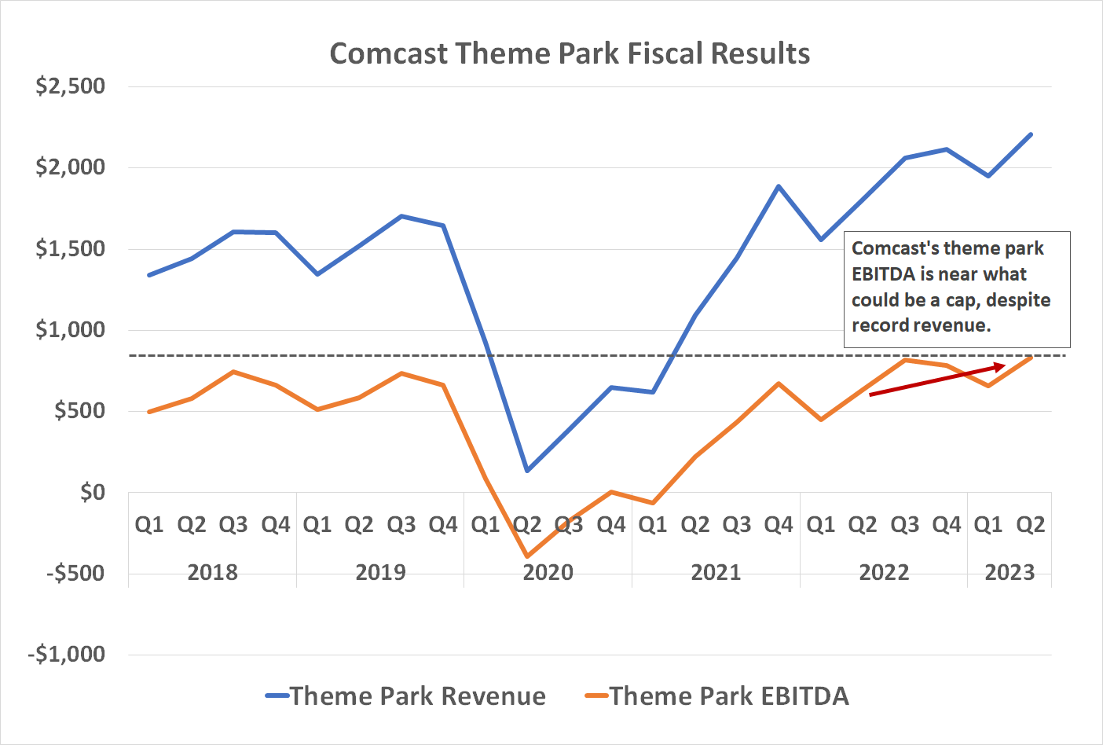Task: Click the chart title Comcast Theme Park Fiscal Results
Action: click(x=570, y=53)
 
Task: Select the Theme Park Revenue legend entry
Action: click(x=417, y=696)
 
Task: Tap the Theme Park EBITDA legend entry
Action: click(x=728, y=696)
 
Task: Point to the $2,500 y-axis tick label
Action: click(x=70, y=86)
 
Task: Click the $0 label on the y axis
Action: click(x=92, y=492)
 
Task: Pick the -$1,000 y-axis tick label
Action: click(x=67, y=654)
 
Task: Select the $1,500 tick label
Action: click(x=70, y=248)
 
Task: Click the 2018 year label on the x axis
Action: click(x=212, y=572)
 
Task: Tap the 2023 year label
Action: click(x=1010, y=572)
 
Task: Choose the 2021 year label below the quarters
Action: click(x=716, y=572)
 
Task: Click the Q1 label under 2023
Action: click(x=988, y=524)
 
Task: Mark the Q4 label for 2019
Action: click(x=443, y=524)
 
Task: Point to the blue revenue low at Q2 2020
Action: click(x=527, y=471)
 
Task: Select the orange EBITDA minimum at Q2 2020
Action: click(x=527, y=556)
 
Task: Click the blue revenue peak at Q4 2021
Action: click(x=779, y=186)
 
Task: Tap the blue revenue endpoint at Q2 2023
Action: click(x=1031, y=134)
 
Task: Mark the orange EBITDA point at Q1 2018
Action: click(x=149, y=412)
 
